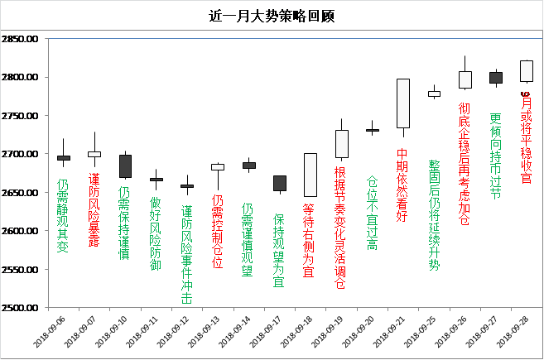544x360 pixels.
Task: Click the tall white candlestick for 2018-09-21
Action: pos(403,103)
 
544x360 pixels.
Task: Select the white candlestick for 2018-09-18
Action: pos(311,174)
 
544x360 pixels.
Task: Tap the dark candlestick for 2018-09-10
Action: pos(125,166)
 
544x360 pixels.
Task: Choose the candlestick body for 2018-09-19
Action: pos(342,144)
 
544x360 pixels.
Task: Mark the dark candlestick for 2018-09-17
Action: pos(280,183)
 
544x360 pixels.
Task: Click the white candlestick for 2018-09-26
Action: pos(465,79)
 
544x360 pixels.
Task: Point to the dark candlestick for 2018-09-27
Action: pos(496,77)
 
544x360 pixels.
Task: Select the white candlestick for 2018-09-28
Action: pos(526,70)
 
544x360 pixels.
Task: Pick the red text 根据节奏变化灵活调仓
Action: pos(340,228)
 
